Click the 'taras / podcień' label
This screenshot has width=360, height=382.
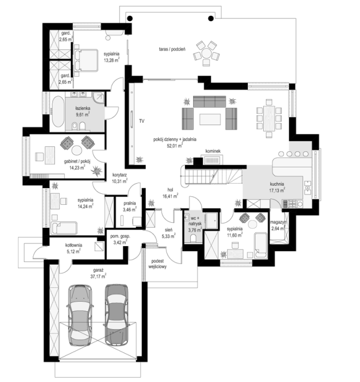tap(172, 49)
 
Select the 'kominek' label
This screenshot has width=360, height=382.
tap(213, 151)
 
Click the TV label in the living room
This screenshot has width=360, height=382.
tap(141, 121)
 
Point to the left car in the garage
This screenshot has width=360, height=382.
tap(80, 315)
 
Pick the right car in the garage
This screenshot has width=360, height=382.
tap(116, 315)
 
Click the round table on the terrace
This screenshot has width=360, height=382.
tap(207, 53)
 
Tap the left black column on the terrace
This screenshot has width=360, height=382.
tap(130, 18)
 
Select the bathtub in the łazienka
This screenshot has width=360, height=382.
tap(58, 111)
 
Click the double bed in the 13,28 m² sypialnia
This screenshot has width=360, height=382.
tap(86, 61)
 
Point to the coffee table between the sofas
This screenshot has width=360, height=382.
tap(210, 120)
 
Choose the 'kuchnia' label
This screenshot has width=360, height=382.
tap(277, 184)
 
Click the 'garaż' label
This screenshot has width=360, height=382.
tap(98, 271)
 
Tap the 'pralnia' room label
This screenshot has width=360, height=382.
tap(129, 203)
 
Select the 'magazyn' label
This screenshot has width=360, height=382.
tap(278, 222)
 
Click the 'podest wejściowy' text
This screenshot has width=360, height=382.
tap(158, 264)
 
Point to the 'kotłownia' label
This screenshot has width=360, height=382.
tap(73, 245)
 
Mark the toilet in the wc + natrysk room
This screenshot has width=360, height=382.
tap(194, 238)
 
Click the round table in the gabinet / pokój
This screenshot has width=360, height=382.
tap(77, 150)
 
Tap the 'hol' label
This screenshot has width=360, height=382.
tap(170, 190)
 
